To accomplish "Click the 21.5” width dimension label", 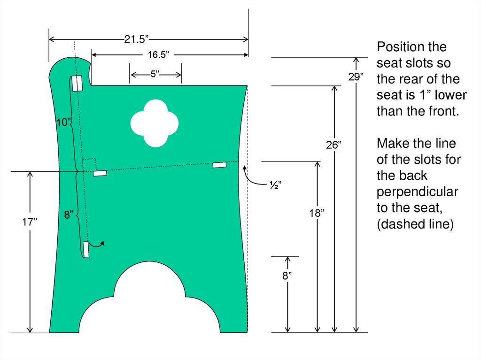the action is pyautogui.click(x=137, y=39).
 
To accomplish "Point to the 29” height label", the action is pyautogui.click(x=356, y=77).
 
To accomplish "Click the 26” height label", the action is pyautogui.click(x=333, y=146).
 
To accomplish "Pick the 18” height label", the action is pyautogui.click(x=317, y=213).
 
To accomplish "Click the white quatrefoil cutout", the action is pyautogui.click(x=154, y=123).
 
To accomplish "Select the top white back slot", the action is pyautogui.click(x=77, y=83).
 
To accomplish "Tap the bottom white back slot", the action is pyautogui.click(x=86, y=249).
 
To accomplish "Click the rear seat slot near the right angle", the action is pyautogui.click(x=100, y=173).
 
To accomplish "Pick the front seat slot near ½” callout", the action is pyautogui.click(x=219, y=165).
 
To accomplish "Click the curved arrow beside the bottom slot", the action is pyautogui.click(x=98, y=243).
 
